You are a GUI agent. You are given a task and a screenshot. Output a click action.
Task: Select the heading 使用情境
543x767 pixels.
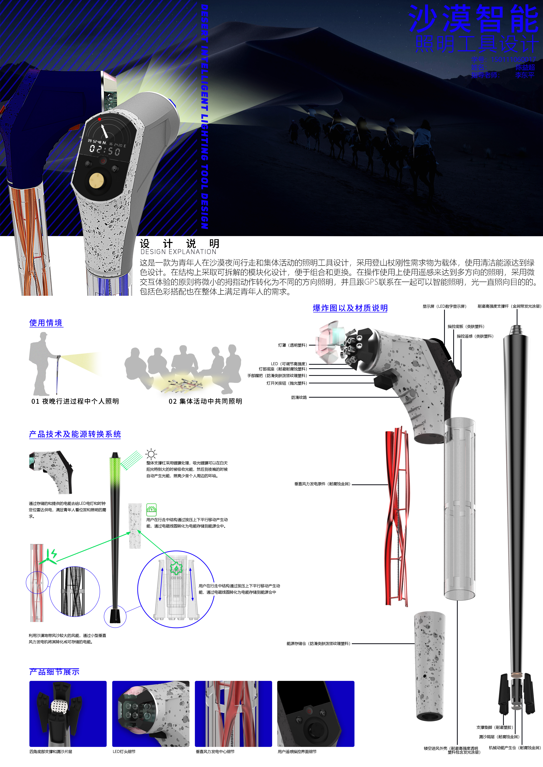click(x=46, y=323)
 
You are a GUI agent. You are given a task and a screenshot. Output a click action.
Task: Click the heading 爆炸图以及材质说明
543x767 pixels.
click(x=350, y=308)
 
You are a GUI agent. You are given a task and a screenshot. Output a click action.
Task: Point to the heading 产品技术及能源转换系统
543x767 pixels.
click(x=75, y=434)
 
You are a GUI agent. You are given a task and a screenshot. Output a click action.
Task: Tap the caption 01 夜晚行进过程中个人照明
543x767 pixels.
click(x=75, y=401)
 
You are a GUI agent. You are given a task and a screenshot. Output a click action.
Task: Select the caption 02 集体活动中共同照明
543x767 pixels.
click(x=205, y=401)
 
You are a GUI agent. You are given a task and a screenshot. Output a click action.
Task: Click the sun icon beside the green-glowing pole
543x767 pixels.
click(x=151, y=454)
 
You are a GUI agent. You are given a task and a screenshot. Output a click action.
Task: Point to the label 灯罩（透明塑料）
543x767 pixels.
click(x=292, y=345)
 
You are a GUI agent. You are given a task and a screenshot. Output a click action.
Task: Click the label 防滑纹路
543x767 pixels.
click(x=299, y=397)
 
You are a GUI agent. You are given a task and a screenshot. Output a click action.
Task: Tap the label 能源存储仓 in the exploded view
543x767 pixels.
click(x=318, y=643)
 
